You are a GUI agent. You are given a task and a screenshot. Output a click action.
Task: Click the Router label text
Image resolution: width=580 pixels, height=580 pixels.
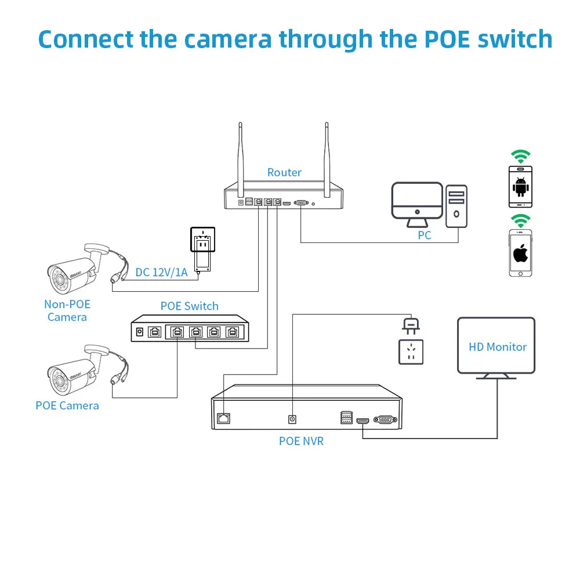click(x=284, y=173)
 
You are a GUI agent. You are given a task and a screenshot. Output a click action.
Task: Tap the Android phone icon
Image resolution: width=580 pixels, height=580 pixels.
click(x=520, y=186)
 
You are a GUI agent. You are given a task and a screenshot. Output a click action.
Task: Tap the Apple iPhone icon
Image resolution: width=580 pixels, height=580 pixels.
click(x=520, y=253)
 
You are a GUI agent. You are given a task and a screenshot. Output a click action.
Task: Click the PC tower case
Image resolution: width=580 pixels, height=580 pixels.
click(x=456, y=206)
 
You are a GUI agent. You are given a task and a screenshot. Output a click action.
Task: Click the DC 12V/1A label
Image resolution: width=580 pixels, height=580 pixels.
click(x=161, y=272)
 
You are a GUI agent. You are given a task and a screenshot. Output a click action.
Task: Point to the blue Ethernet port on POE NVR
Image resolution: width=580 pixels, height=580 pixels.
click(x=223, y=418)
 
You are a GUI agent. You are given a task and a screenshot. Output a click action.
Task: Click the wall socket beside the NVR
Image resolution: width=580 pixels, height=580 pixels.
click(x=411, y=352)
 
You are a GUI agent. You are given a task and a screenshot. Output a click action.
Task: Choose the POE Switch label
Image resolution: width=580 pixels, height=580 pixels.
click(x=190, y=306)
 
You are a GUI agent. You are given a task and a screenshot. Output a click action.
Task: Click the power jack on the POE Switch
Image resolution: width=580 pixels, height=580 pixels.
click(x=139, y=332)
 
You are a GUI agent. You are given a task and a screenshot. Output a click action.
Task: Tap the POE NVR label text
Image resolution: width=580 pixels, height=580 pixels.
click(x=301, y=441)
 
